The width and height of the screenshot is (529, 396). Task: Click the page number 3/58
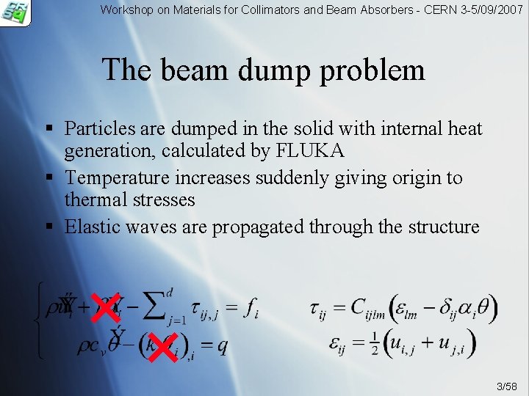506,386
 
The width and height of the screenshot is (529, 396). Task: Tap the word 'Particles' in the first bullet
100,128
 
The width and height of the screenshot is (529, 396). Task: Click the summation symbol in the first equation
153,307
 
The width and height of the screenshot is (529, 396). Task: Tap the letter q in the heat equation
222,345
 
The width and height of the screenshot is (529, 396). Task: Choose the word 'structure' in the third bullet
442,227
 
